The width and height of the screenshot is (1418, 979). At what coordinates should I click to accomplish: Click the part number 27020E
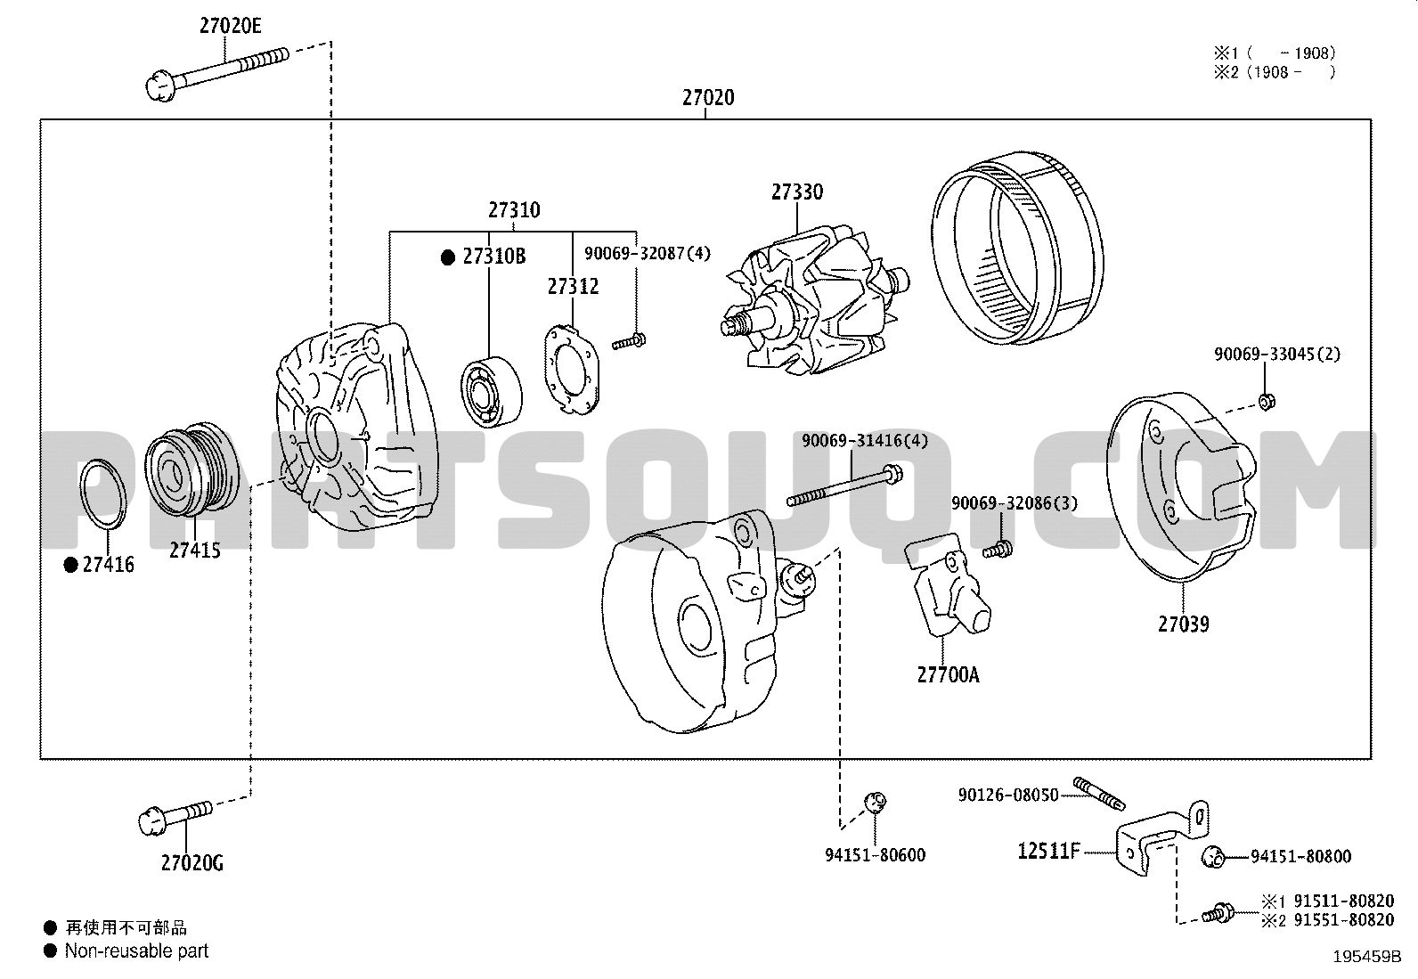point(231,25)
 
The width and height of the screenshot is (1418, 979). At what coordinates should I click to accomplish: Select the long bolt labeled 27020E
point(217,74)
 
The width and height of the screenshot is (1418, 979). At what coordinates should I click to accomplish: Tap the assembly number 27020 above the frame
point(708,97)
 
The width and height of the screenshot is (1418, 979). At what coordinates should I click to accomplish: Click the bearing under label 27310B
point(492,392)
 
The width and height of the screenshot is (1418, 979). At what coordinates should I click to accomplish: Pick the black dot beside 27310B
point(447,257)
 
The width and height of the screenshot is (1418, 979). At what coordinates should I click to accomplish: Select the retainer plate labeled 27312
point(572,370)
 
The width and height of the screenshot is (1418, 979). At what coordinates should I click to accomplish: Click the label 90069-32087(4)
point(647,253)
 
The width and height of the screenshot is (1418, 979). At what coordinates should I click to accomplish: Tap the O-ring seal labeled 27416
point(103,494)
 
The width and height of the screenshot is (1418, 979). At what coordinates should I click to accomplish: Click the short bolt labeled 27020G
point(175,818)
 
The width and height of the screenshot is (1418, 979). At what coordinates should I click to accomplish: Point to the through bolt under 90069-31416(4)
point(844,485)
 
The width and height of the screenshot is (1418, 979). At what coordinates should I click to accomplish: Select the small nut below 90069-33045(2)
point(1266,401)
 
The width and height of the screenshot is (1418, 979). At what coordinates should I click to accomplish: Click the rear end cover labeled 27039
point(1181,485)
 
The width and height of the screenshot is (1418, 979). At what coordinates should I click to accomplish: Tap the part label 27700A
point(948,675)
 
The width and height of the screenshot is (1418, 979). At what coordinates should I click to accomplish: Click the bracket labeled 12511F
point(1163,838)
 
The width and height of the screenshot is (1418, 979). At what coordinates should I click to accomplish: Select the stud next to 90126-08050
point(1099,794)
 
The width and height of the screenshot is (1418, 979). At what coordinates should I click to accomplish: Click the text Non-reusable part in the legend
point(137,950)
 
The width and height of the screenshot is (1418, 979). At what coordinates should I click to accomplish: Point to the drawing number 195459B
point(1367,956)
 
